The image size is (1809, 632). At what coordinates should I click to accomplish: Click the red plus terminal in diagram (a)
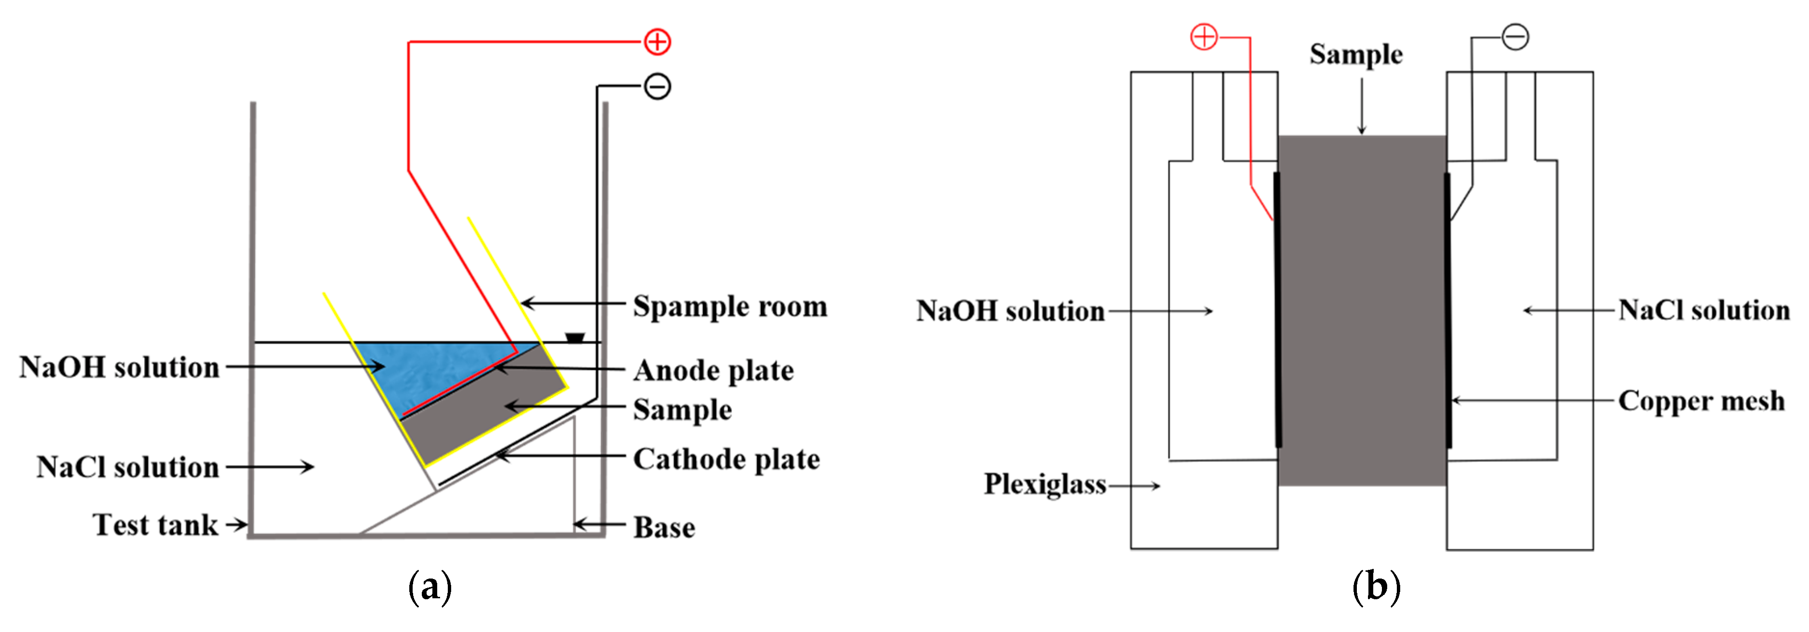coord(657,42)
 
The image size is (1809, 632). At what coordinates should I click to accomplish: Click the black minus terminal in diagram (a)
coord(657,86)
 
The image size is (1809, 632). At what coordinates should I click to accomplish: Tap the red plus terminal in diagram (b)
coord(1204,37)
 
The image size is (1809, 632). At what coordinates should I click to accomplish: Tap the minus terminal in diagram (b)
coord(1515,37)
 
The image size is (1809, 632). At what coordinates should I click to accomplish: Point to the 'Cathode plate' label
coord(726,459)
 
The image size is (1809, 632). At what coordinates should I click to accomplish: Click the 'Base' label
coord(664,527)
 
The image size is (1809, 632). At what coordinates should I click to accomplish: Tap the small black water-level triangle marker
coord(574,338)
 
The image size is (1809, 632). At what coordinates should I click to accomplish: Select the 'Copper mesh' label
coord(1700,401)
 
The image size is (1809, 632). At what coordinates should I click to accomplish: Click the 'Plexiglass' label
coord(1044,485)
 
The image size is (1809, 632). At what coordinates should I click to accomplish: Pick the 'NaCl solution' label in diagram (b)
coord(1703,310)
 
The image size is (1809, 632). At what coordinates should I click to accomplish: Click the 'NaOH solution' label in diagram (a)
coord(119,367)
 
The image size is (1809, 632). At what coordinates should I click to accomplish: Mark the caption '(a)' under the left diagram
coord(430,587)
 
